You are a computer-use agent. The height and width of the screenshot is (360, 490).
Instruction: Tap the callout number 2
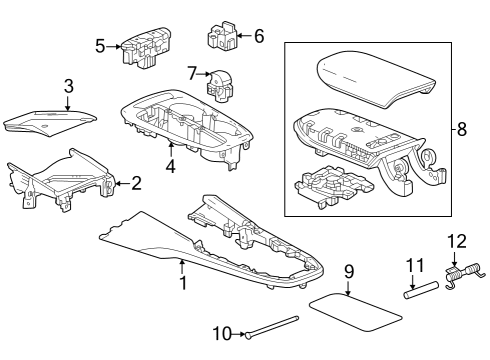(x=136, y=182)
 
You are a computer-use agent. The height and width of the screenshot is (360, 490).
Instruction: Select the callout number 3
(x=68, y=86)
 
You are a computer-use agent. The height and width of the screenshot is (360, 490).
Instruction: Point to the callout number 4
(x=171, y=166)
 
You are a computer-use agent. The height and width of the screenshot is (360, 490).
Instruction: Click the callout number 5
(x=100, y=45)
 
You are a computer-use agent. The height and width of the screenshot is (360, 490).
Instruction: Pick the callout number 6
(x=258, y=36)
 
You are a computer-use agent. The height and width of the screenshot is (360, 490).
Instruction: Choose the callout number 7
(x=192, y=72)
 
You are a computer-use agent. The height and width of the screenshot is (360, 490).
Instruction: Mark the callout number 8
(x=461, y=128)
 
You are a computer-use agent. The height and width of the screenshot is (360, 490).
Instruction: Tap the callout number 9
(x=349, y=271)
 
